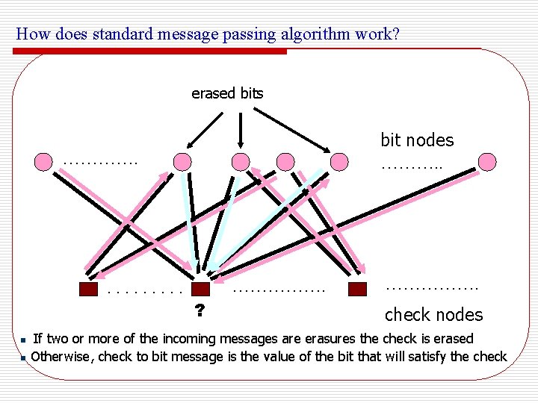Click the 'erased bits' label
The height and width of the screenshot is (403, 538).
point(227,93)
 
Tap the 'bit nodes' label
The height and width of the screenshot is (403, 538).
point(417,140)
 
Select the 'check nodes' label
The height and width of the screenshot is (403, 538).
point(433,315)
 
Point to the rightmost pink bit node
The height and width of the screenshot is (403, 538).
point(486,161)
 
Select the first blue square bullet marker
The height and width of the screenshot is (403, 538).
point(24,340)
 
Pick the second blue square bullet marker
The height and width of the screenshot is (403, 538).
point(24,358)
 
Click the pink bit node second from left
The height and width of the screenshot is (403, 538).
point(182,161)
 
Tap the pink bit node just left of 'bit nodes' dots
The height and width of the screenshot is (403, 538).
point(339,161)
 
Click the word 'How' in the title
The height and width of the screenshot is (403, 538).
point(29,34)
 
